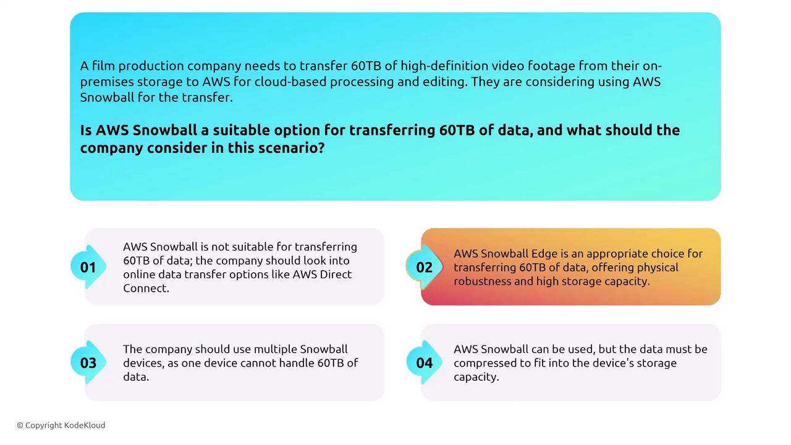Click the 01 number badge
click(x=88, y=267)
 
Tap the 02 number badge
click(x=424, y=267)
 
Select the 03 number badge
click(x=88, y=363)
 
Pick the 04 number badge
click(x=424, y=363)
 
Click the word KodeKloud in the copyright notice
click(x=85, y=425)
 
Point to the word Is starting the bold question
click(x=86, y=130)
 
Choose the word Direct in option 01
click(x=336, y=274)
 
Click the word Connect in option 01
click(x=146, y=288)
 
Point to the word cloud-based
click(x=290, y=82)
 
